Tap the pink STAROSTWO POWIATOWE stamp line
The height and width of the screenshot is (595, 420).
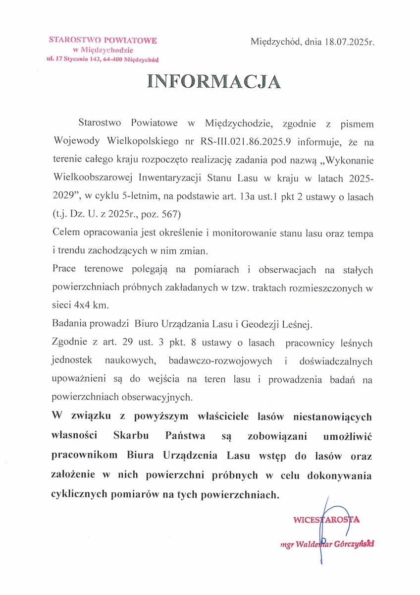103,40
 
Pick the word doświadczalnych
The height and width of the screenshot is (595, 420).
338,361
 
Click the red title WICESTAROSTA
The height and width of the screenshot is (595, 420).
326,520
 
